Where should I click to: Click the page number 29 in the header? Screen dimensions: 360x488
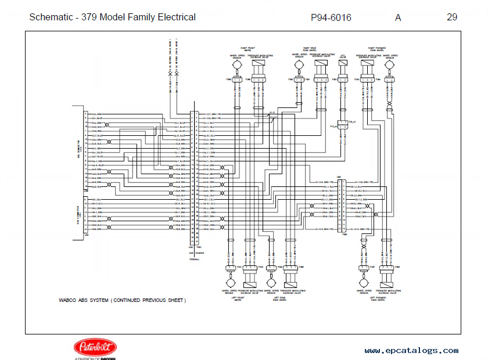[451, 17]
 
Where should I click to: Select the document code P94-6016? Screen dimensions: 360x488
[331, 17]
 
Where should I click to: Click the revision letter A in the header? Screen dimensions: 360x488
[398, 17]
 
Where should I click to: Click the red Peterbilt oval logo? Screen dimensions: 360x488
[95, 347]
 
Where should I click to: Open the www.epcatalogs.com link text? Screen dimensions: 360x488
[411, 350]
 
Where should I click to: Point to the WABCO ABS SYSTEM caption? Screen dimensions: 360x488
[122, 300]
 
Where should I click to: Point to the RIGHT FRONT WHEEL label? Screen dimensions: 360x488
[248, 49]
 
